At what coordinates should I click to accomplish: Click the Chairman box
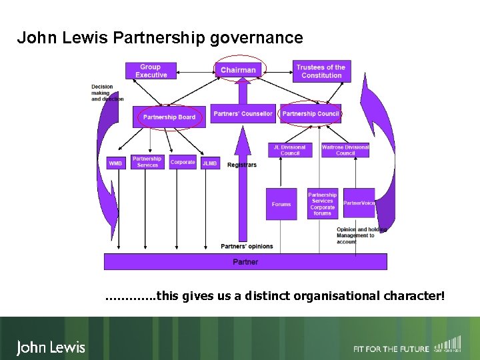pyautogui.click(x=238, y=70)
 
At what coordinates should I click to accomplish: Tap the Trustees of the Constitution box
pyautogui.click(x=321, y=71)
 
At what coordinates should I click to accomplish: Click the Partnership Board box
pyautogui.click(x=169, y=117)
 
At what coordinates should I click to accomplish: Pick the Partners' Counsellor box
pyautogui.click(x=243, y=114)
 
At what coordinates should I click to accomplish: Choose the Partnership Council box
pyautogui.click(x=311, y=114)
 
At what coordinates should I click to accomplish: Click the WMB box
pyautogui.click(x=116, y=163)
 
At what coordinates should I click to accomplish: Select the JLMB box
pyautogui.click(x=210, y=163)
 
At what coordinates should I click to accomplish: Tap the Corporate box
pyautogui.click(x=183, y=162)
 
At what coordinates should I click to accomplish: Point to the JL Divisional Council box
pyautogui.click(x=290, y=151)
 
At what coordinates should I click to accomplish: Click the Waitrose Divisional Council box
pyautogui.click(x=345, y=151)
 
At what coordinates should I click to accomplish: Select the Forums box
pyautogui.click(x=281, y=204)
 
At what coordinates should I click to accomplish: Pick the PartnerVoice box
pyautogui.click(x=359, y=203)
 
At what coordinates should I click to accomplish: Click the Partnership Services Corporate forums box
pyautogui.click(x=323, y=204)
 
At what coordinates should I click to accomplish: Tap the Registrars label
pyautogui.click(x=241, y=165)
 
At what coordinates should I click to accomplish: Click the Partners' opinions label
pyautogui.click(x=247, y=247)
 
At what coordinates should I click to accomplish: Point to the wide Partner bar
pyautogui.click(x=245, y=262)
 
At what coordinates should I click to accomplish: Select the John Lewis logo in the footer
pyautogui.click(x=51, y=347)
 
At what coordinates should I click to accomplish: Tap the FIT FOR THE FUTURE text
pyautogui.click(x=391, y=349)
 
